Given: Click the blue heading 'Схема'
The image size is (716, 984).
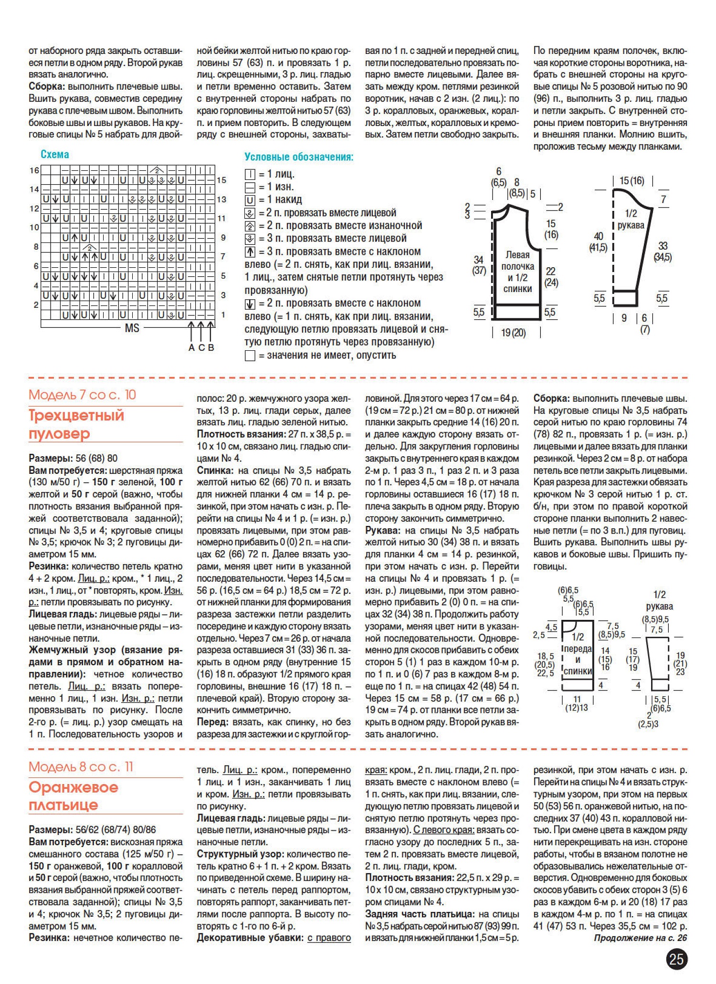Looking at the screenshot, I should pyautogui.click(x=55, y=154).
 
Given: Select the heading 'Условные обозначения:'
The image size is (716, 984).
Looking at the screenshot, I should pyautogui.click(x=299, y=157).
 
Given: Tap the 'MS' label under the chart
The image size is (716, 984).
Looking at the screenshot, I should pyautogui.click(x=132, y=328).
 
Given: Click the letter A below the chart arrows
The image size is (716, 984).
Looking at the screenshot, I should pyautogui.click(x=191, y=347).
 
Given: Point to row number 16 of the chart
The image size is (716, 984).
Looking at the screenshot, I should pyautogui.click(x=34, y=170).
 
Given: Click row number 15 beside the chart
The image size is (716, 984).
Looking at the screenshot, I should pyautogui.click(x=221, y=180).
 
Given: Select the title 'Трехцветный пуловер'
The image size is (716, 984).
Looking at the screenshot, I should pyautogui.click(x=76, y=424).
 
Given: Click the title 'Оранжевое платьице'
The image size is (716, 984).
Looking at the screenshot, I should pyautogui.click(x=73, y=796).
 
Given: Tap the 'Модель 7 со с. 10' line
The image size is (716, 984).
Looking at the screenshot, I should pyautogui.click(x=82, y=395).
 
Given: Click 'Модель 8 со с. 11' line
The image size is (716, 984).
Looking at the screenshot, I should pyautogui.click(x=81, y=766).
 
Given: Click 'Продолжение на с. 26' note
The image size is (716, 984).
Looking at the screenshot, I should pyautogui.click(x=640, y=938).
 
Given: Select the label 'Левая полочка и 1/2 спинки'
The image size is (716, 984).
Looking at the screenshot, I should pyautogui.click(x=517, y=272).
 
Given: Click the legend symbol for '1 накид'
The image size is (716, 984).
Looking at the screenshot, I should pyautogui.click(x=250, y=200).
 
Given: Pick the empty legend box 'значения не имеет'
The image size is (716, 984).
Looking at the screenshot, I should pyautogui.click(x=250, y=356).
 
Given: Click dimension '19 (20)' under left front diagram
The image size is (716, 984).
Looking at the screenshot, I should pyautogui.click(x=513, y=333).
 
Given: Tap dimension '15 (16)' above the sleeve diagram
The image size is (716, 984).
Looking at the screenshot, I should pyautogui.click(x=632, y=181).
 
